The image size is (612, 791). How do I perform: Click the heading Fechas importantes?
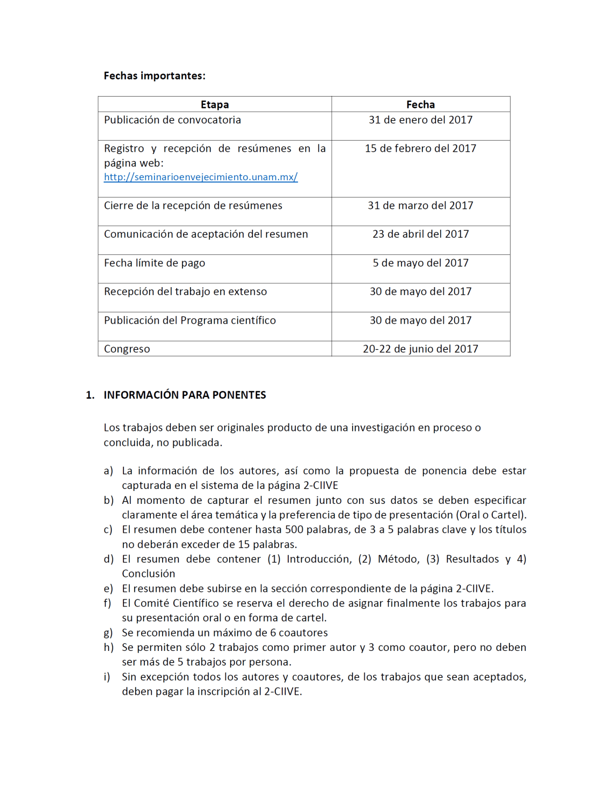(x=155, y=76)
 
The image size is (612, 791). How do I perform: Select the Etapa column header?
(x=215, y=105)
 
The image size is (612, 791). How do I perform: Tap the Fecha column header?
(x=420, y=105)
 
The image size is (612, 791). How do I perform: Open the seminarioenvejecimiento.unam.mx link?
(x=201, y=177)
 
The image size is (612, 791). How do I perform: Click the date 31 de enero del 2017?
(x=420, y=120)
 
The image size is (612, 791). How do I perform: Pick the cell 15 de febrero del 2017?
(x=420, y=149)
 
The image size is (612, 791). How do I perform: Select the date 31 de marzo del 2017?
(x=420, y=206)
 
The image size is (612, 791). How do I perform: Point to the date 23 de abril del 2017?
(x=420, y=235)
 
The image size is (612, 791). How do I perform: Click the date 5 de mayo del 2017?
(x=420, y=263)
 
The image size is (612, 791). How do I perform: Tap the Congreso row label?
(x=127, y=349)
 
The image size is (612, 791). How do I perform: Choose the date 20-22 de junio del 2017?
(x=420, y=349)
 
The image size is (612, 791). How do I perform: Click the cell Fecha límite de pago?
(x=155, y=263)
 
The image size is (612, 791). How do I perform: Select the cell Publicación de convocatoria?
(x=172, y=120)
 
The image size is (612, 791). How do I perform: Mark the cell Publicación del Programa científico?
(x=190, y=320)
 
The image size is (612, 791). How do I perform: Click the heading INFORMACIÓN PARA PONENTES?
(x=185, y=395)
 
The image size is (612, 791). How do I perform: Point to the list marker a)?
(x=108, y=471)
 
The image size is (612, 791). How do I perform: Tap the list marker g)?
(x=108, y=633)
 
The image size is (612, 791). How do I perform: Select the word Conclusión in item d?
(x=149, y=574)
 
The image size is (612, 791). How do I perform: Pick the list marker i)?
(x=107, y=677)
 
